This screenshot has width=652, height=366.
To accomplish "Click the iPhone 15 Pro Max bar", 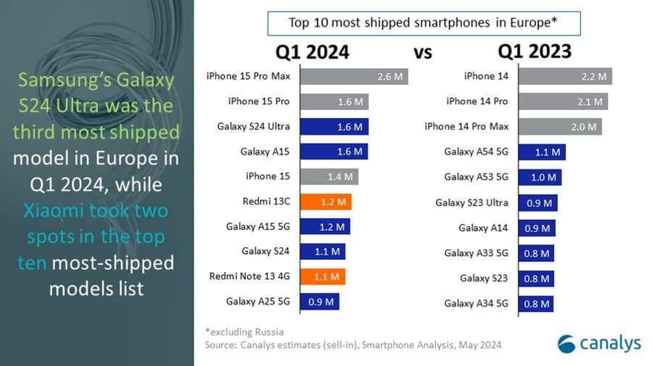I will click(353, 77).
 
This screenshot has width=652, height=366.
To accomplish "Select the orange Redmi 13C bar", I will click(325, 202).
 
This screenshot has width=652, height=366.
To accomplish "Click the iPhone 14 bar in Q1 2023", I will click(565, 77).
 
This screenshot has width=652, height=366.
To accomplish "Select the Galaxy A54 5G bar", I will click(542, 152).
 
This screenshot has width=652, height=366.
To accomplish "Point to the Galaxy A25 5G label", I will click(258, 301).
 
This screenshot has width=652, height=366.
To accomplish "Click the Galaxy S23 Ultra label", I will click(472, 203).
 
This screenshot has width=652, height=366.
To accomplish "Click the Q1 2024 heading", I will click(312, 51).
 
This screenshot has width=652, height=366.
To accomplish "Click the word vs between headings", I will click(423, 52).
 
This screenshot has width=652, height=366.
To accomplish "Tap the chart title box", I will click(423, 22).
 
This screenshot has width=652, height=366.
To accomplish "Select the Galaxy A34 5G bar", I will click(536, 302).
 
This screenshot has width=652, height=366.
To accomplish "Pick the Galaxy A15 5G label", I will click(258, 226).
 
